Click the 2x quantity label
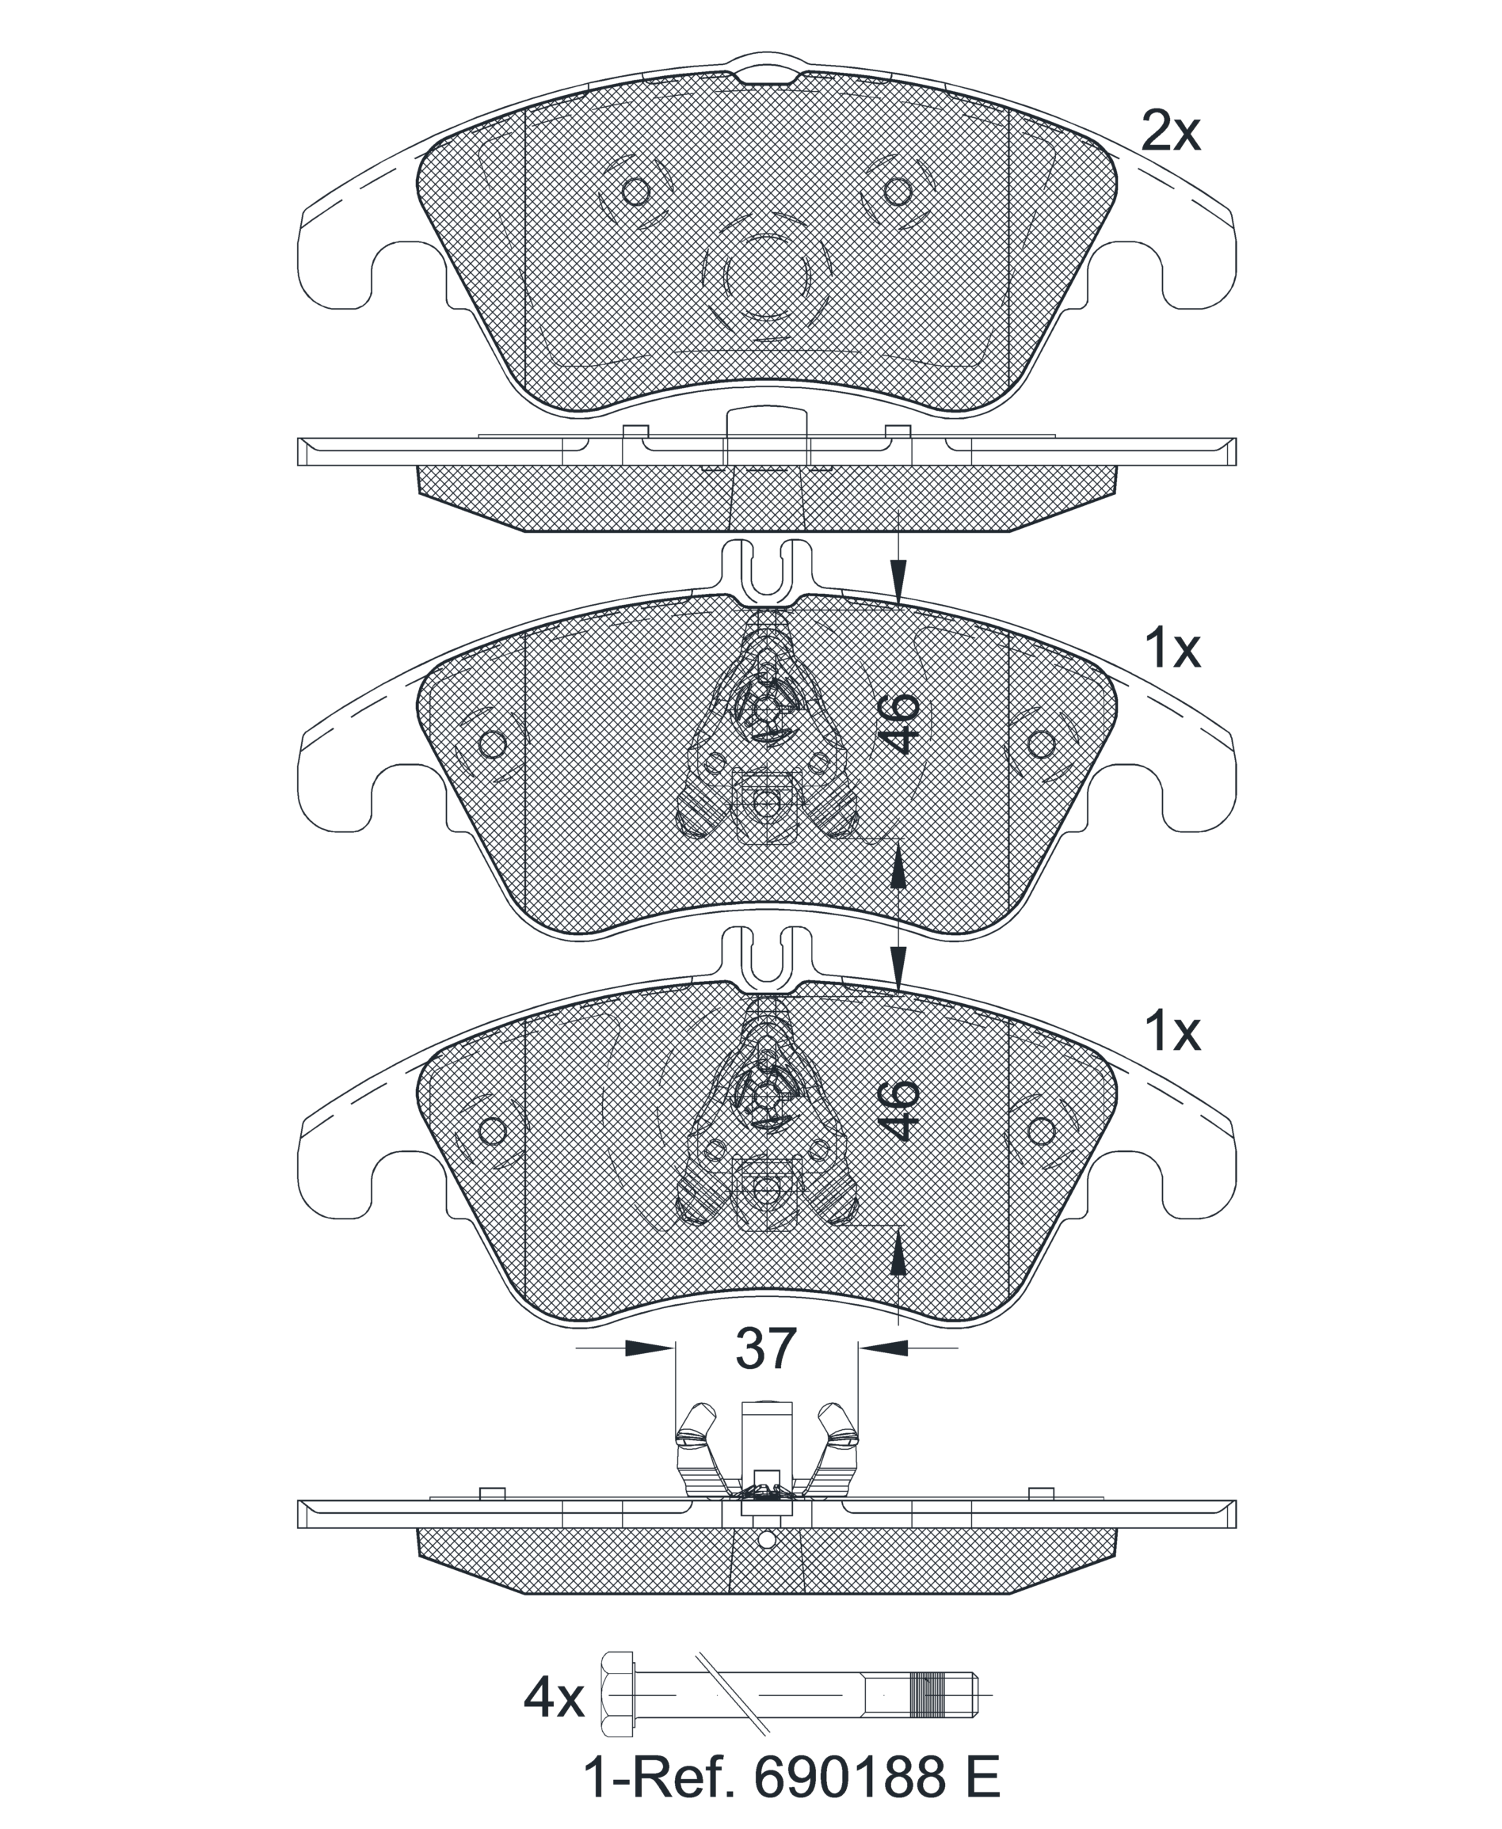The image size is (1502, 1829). pos(1171,133)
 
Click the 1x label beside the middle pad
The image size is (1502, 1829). pos(1172,648)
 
